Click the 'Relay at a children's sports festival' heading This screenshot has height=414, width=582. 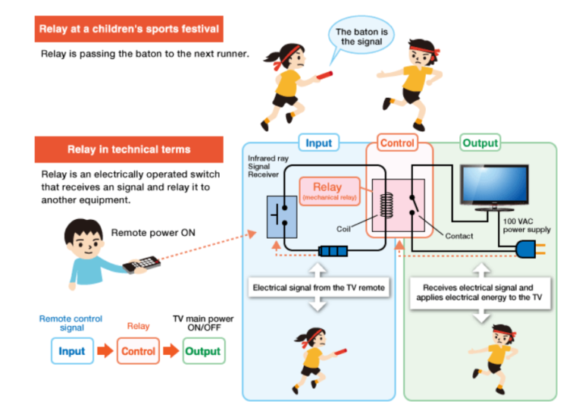click(x=128, y=30)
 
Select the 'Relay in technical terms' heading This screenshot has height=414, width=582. click(x=128, y=149)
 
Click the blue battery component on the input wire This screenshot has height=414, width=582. click(x=331, y=250)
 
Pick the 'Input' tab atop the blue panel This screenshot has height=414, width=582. click(x=318, y=143)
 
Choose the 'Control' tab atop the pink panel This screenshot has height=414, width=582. click(x=397, y=143)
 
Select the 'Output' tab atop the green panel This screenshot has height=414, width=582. click(x=480, y=143)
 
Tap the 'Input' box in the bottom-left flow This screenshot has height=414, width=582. click(x=72, y=351)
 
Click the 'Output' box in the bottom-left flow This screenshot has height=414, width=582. click(x=203, y=351)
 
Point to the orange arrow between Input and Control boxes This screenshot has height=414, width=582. click(x=105, y=351)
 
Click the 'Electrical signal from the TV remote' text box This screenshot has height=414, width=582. click(x=318, y=288)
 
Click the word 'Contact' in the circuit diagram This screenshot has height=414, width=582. click(x=459, y=236)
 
